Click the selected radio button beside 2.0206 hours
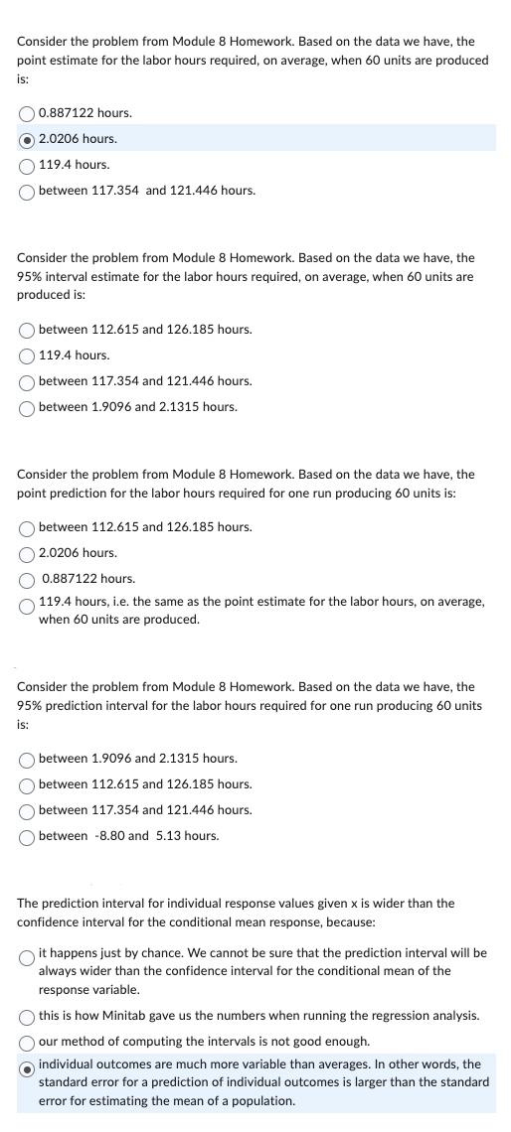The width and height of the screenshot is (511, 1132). click(x=27, y=138)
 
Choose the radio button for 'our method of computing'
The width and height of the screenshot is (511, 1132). click(x=27, y=1041)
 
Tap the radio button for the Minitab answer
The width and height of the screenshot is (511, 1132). click(x=27, y=1015)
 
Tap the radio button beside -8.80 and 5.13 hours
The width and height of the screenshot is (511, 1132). click(x=27, y=835)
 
